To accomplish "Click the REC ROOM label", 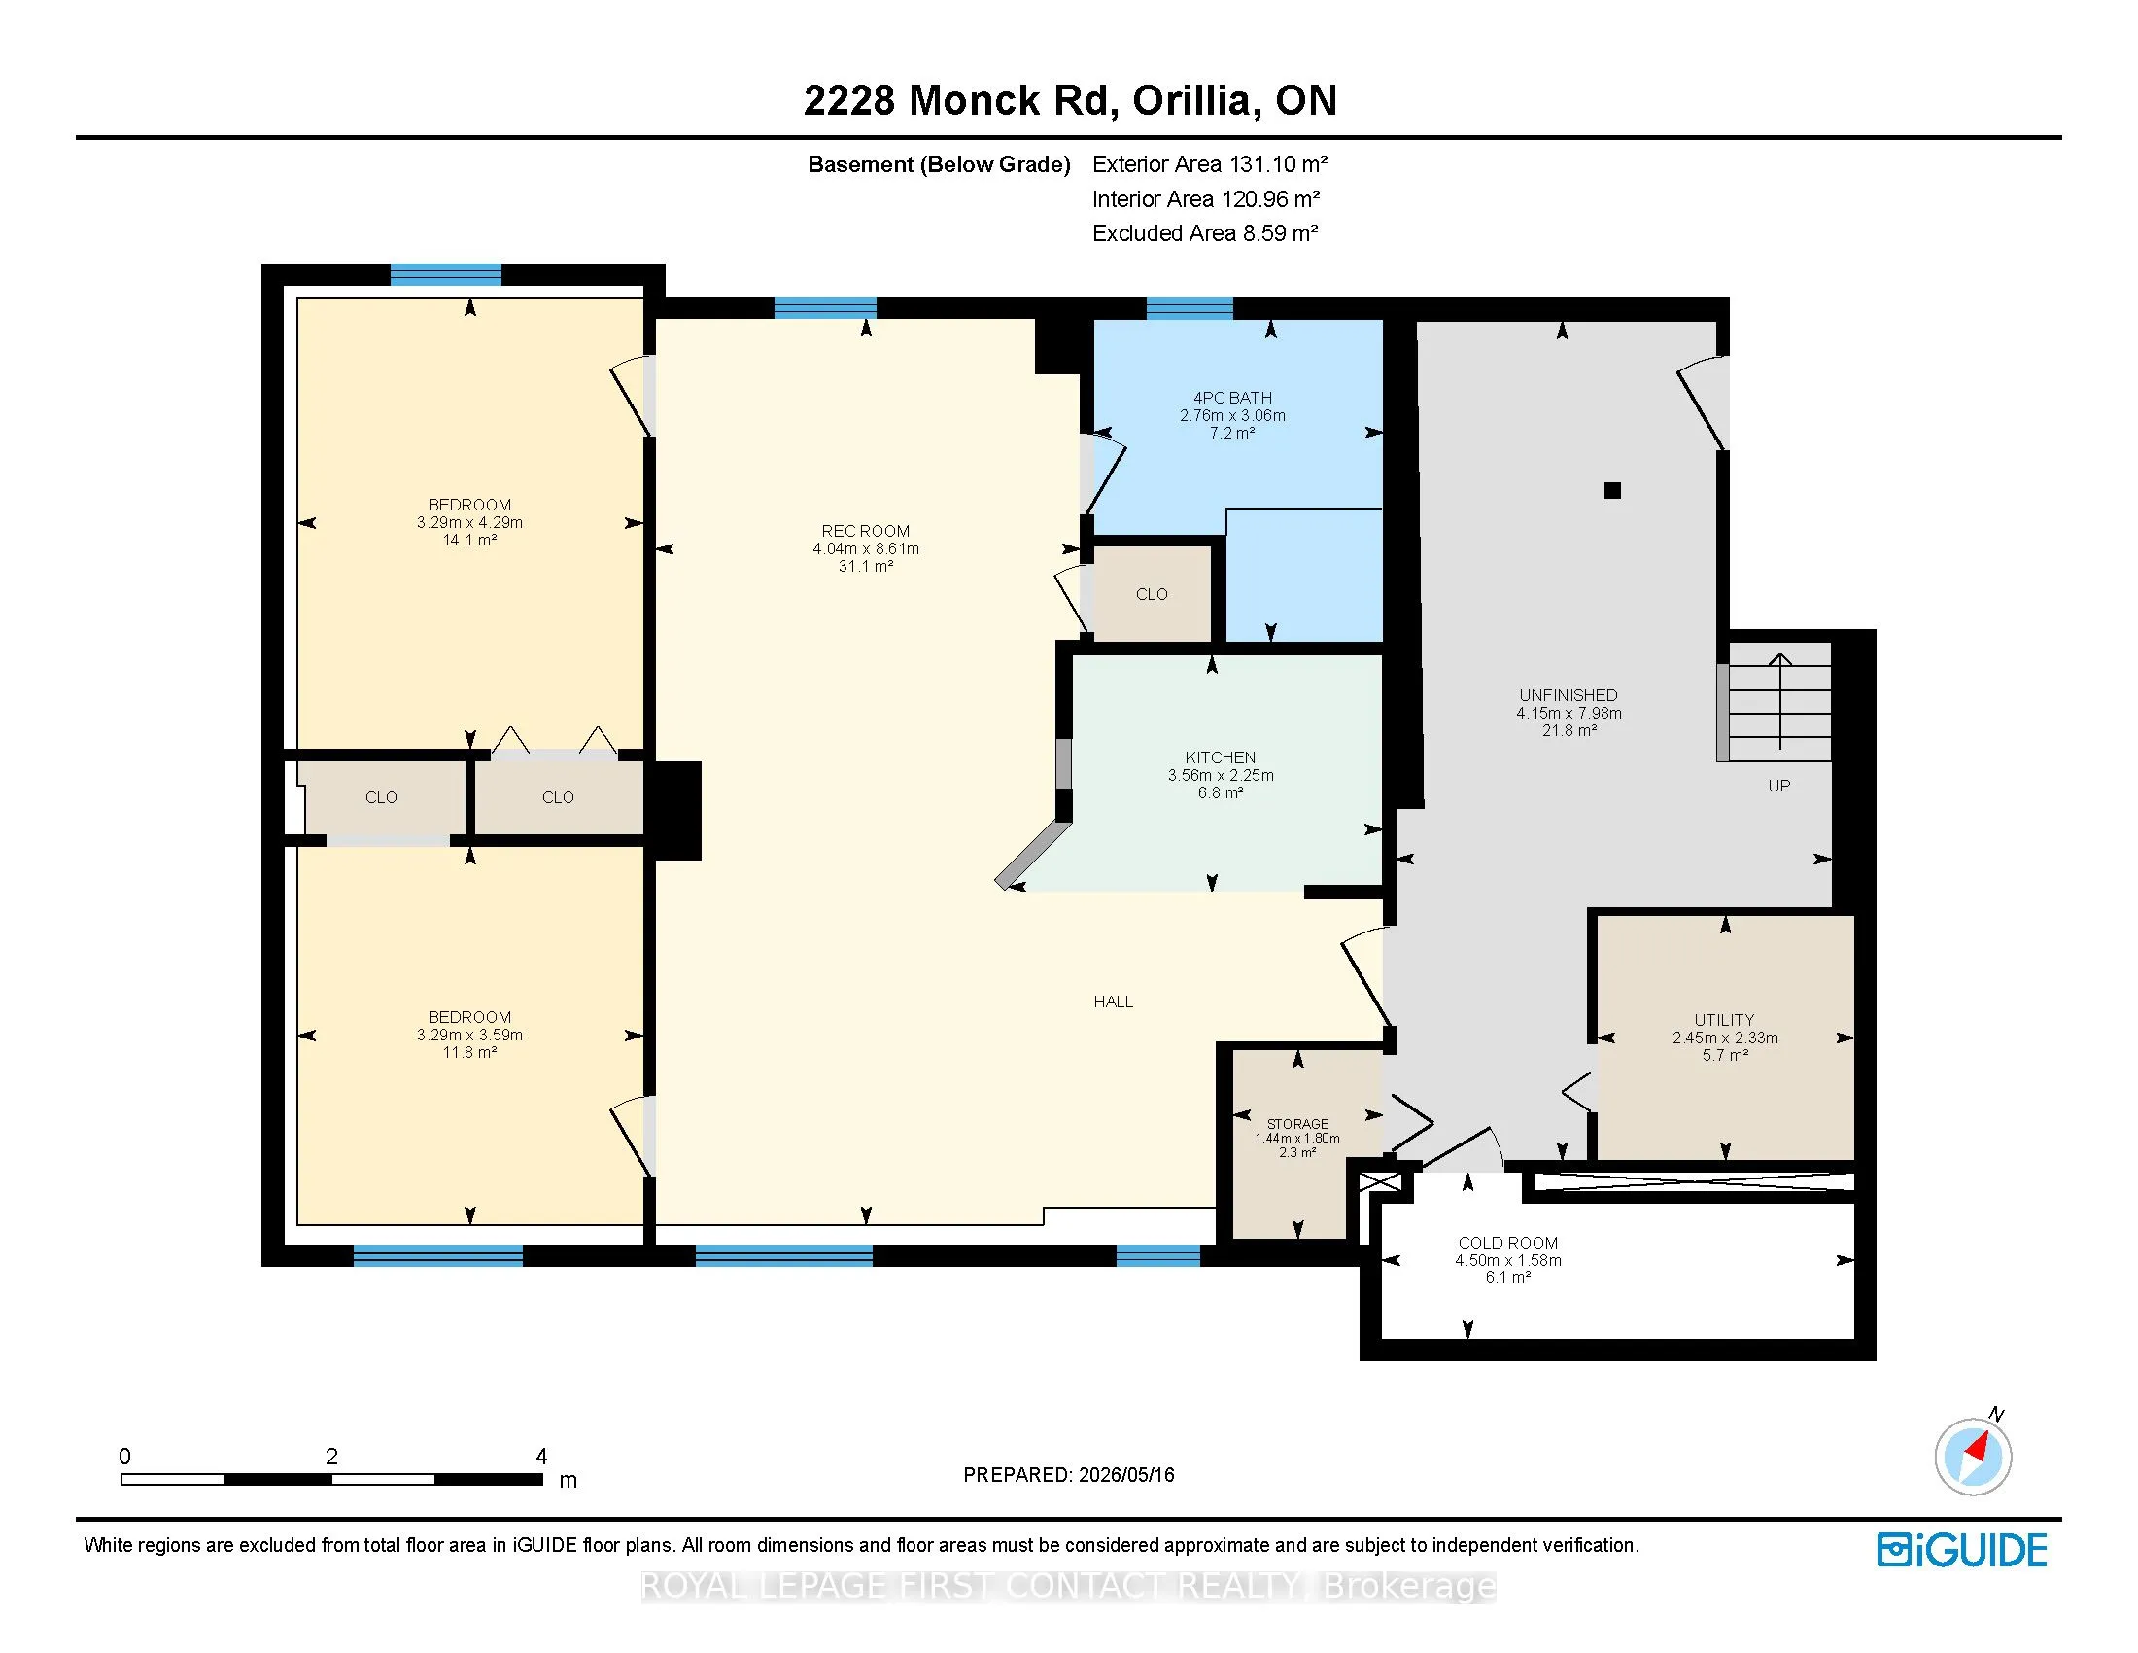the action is tap(865, 532).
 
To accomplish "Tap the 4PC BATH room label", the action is tap(1232, 398).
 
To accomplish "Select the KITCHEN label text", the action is tap(1220, 756).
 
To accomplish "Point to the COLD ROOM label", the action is tap(1507, 1243).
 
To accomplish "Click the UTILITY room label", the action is tap(1724, 1019).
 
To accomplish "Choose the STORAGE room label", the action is tap(1297, 1124).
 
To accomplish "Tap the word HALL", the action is tap(1113, 1001).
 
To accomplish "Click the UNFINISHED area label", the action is tap(1569, 695).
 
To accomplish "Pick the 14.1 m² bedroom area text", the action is tap(470, 540).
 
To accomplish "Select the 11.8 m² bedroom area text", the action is tap(470, 1052).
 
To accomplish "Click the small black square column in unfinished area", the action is tap(1612, 491).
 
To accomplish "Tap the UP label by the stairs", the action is tap(1778, 786).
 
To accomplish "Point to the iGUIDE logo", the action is tap(1962, 1550).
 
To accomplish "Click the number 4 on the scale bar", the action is tap(541, 1457).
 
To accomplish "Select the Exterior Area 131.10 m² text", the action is tap(1210, 163).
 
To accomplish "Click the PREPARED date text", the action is tap(1068, 1475).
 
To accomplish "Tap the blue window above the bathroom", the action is tap(1190, 307).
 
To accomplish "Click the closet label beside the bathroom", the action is tap(1152, 594).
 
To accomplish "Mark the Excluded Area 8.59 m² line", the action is tap(1205, 233).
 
